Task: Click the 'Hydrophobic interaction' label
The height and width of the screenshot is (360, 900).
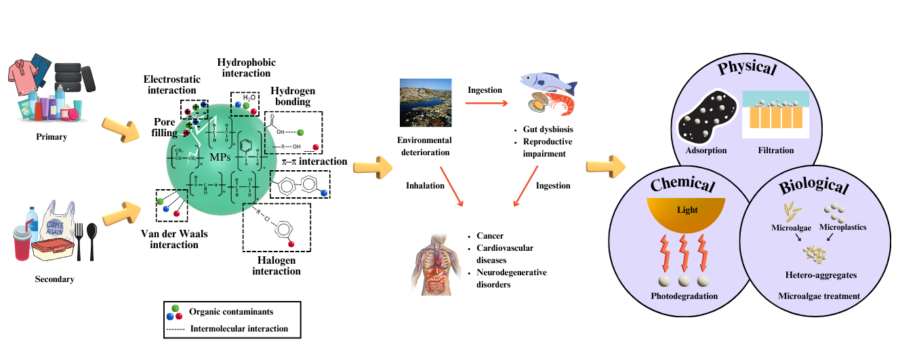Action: (x=247, y=68)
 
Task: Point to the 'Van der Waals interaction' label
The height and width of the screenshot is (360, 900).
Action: (x=174, y=239)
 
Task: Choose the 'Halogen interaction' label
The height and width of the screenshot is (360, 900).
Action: (x=276, y=266)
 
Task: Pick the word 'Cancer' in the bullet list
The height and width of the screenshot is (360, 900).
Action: (x=490, y=235)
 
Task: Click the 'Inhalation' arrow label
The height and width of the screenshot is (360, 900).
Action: (x=425, y=185)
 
